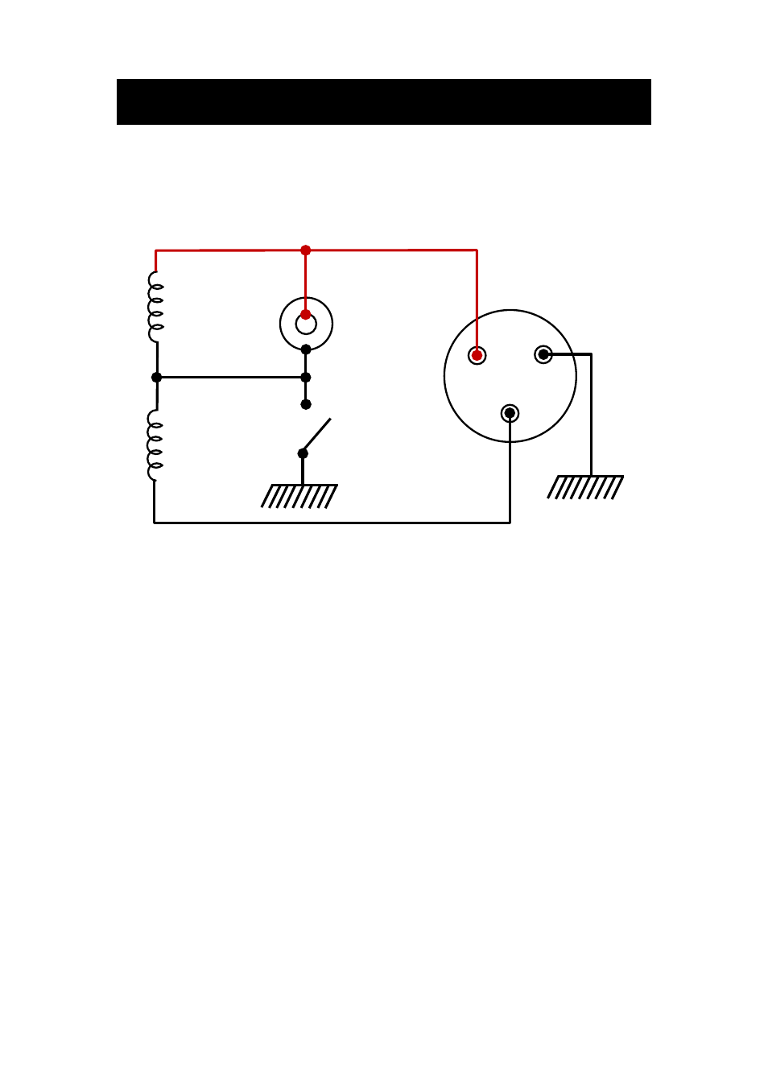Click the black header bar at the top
click(x=383, y=101)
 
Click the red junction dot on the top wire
click(x=305, y=250)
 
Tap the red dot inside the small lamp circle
click(x=305, y=314)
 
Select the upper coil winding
click(x=155, y=307)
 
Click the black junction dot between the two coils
click(x=156, y=377)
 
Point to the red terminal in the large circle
click(x=477, y=355)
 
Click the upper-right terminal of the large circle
click(x=543, y=354)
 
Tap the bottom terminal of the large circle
click(x=510, y=413)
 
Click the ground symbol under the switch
click(x=299, y=496)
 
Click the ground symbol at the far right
click(x=585, y=487)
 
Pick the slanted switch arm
click(x=317, y=435)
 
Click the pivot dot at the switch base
click(x=303, y=453)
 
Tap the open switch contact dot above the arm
click(x=305, y=404)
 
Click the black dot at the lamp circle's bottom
click(x=305, y=349)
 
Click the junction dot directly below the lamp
click(x=305, y=377)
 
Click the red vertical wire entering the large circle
click(x=477, y=302)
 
